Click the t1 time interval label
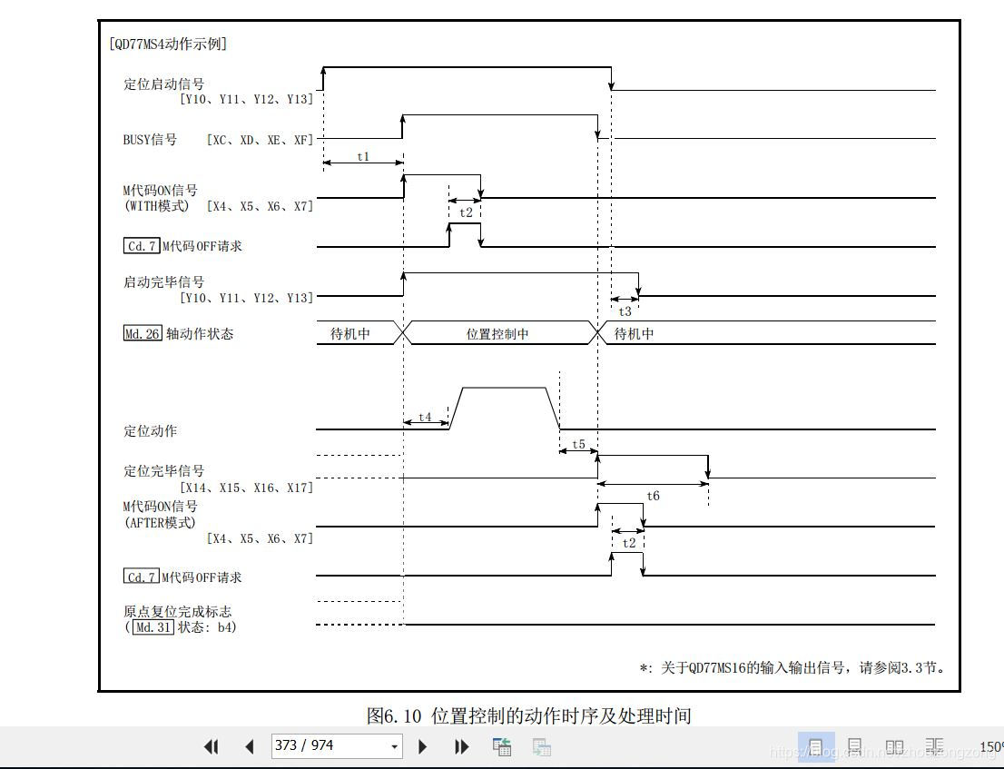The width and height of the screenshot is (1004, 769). [363, 156]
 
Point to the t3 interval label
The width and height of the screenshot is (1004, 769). [625, 311]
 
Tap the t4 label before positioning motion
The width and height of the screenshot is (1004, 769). [425, 419]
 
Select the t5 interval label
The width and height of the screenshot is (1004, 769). [578, 445]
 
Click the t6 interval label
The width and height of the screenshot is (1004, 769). [653, 496]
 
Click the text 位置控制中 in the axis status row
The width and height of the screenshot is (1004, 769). [497, 333]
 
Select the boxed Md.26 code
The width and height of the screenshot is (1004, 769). [143, 333]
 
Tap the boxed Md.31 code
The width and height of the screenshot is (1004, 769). [153, 626]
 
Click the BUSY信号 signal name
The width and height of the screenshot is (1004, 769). [150, 140]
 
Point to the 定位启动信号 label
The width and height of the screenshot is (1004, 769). [163, 84]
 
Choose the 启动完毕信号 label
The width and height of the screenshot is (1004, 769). [163, 281]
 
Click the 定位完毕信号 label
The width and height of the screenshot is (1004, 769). [163, 470]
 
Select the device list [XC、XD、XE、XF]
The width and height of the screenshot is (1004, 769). [260, 140]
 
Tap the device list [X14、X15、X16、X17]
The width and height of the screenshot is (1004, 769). [246, 488]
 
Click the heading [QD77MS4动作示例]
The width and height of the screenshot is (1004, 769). [167, 44]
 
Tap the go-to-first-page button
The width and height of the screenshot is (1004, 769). [212, 746]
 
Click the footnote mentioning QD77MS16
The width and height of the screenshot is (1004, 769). [793, 667]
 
